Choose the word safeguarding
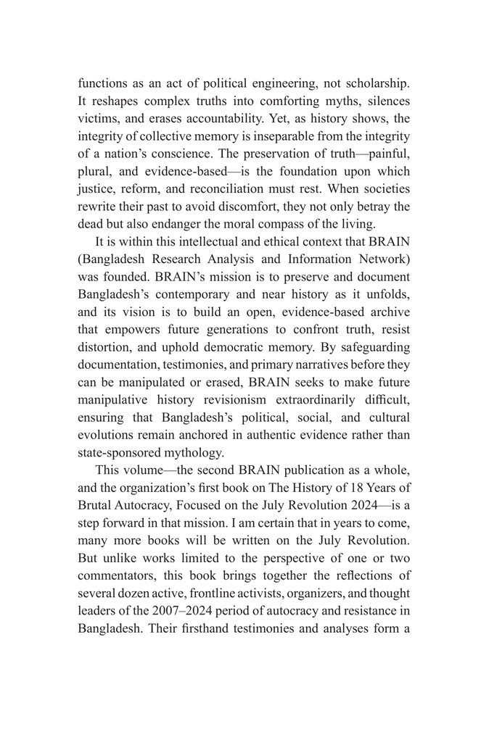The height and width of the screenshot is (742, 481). click(x=372, y=347)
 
